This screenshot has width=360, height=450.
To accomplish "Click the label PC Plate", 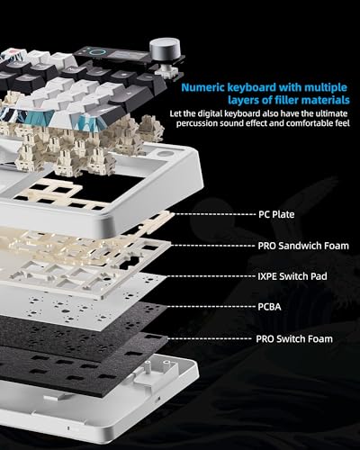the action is [x=276, y=214].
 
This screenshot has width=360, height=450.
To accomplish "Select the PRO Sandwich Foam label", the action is [x=303, y=246].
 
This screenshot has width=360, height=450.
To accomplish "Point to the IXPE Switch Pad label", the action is [x=292, y=276].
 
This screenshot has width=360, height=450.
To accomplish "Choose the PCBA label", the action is [x=269, y=307].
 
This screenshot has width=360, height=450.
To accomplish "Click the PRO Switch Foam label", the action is [x=294, y=339].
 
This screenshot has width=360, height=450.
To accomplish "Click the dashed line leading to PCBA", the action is [x=211, y=307].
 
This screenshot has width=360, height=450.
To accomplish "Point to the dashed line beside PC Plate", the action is [x=213, y=214].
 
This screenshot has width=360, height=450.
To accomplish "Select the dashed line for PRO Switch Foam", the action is [x=210, y=338].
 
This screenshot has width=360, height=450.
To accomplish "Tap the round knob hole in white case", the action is [x=164, y=154].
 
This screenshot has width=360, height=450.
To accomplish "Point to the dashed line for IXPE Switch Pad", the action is [x=211, y=276].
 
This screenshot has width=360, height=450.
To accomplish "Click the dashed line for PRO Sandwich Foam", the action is [x=213, y=246].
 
